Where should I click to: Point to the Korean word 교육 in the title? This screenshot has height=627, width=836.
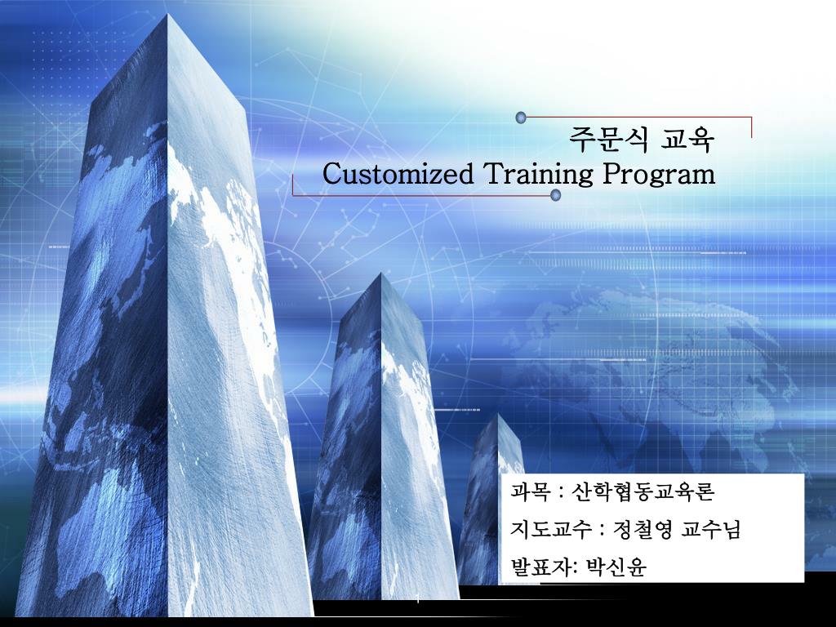688,140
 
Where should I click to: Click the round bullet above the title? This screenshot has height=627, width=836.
521,118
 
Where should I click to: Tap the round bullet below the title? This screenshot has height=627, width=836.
556,195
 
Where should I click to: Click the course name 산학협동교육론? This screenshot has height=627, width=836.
643,491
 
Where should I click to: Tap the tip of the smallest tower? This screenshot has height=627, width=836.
499,416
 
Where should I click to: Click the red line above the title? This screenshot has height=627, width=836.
637,118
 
